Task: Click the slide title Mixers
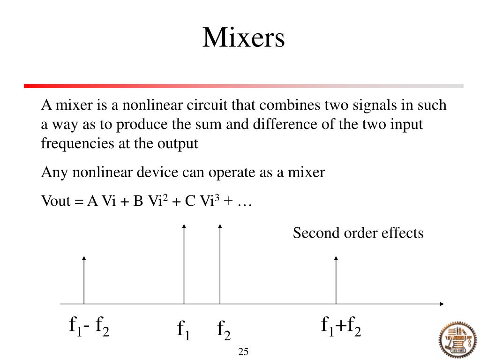(x=243, y=38)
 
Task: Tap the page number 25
(x=243, y=352)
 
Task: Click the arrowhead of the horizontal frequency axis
(x=441, y=304)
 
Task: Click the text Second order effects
(x=358, y=233)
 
